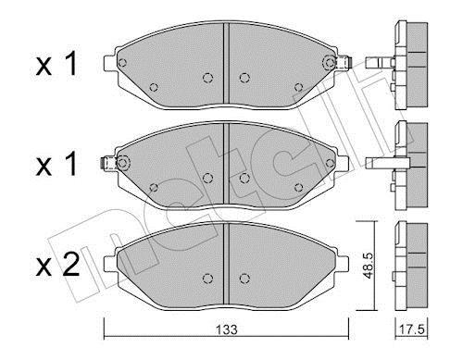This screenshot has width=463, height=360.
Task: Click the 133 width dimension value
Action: pyautogui.click(x=227, y=329)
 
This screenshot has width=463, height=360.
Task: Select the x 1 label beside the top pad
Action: pyautogui.click(x=56, y=64)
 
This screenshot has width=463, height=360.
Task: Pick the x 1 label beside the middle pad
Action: pyautogui.click(x=56, y=165)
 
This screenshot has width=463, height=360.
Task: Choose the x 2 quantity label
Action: pyautogui.click(x=57, y=265)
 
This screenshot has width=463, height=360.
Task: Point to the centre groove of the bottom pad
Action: pyautogui.click(x=226, y=263)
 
